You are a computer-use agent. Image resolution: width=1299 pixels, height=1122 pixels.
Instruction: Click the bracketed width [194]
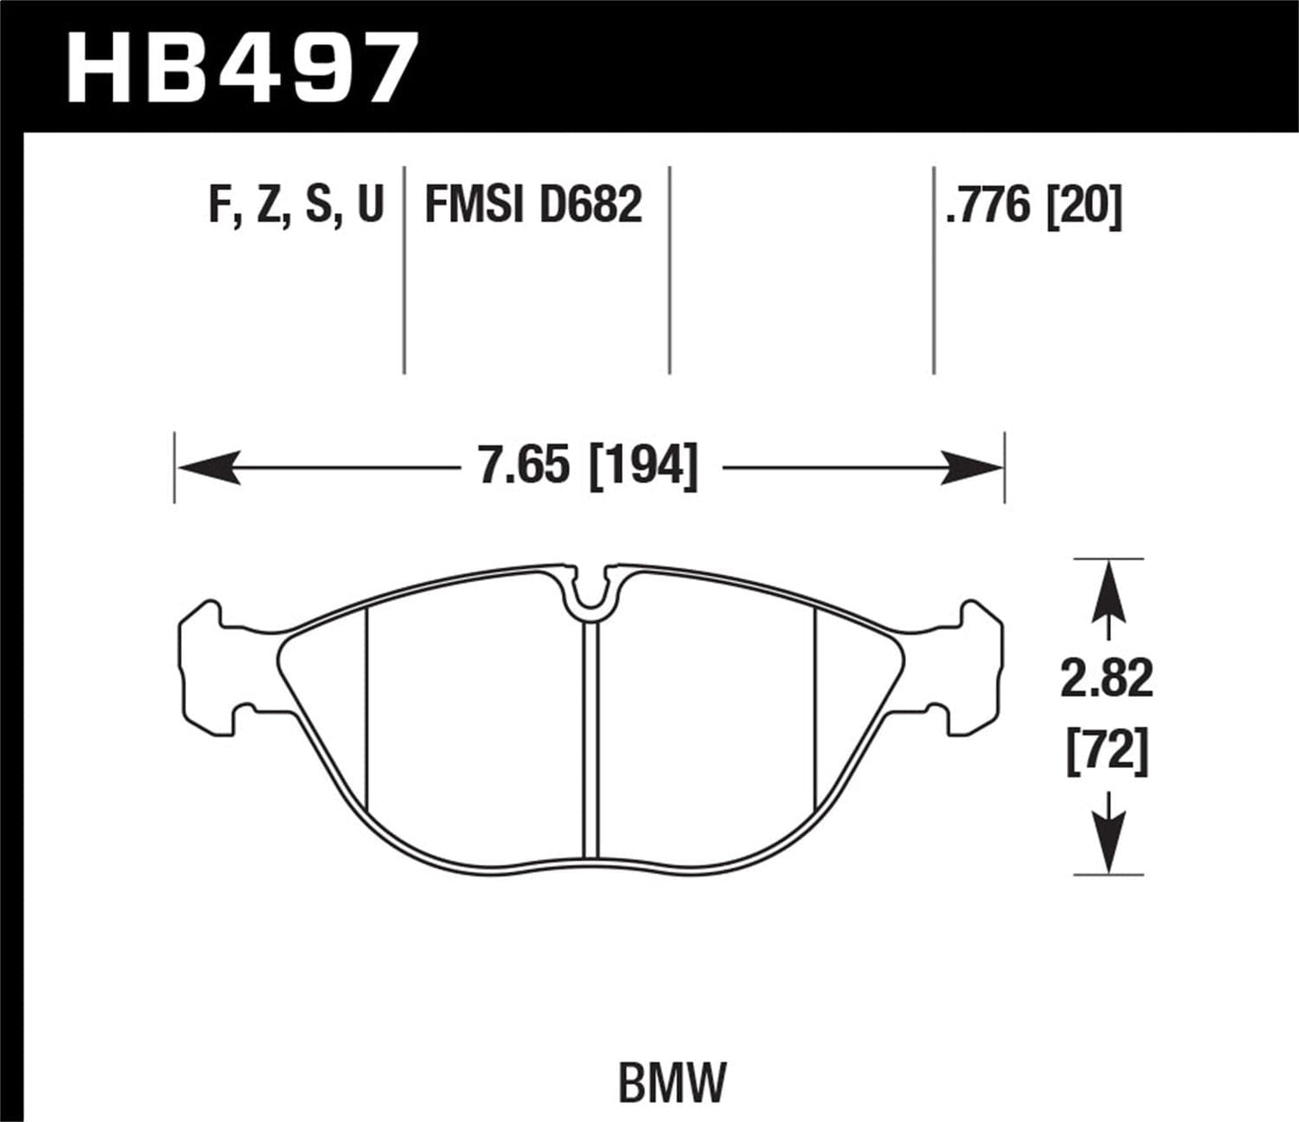[x=642, y=467]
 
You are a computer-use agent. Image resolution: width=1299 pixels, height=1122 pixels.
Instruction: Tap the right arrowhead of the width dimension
[x=971, y=468]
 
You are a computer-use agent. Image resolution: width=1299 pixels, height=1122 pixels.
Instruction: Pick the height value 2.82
[x=1107, y=681]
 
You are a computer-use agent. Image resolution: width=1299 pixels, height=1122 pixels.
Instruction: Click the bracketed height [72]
[x=1107, y=754]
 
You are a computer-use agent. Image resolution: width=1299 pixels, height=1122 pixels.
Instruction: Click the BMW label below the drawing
[x=672, y=1082]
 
